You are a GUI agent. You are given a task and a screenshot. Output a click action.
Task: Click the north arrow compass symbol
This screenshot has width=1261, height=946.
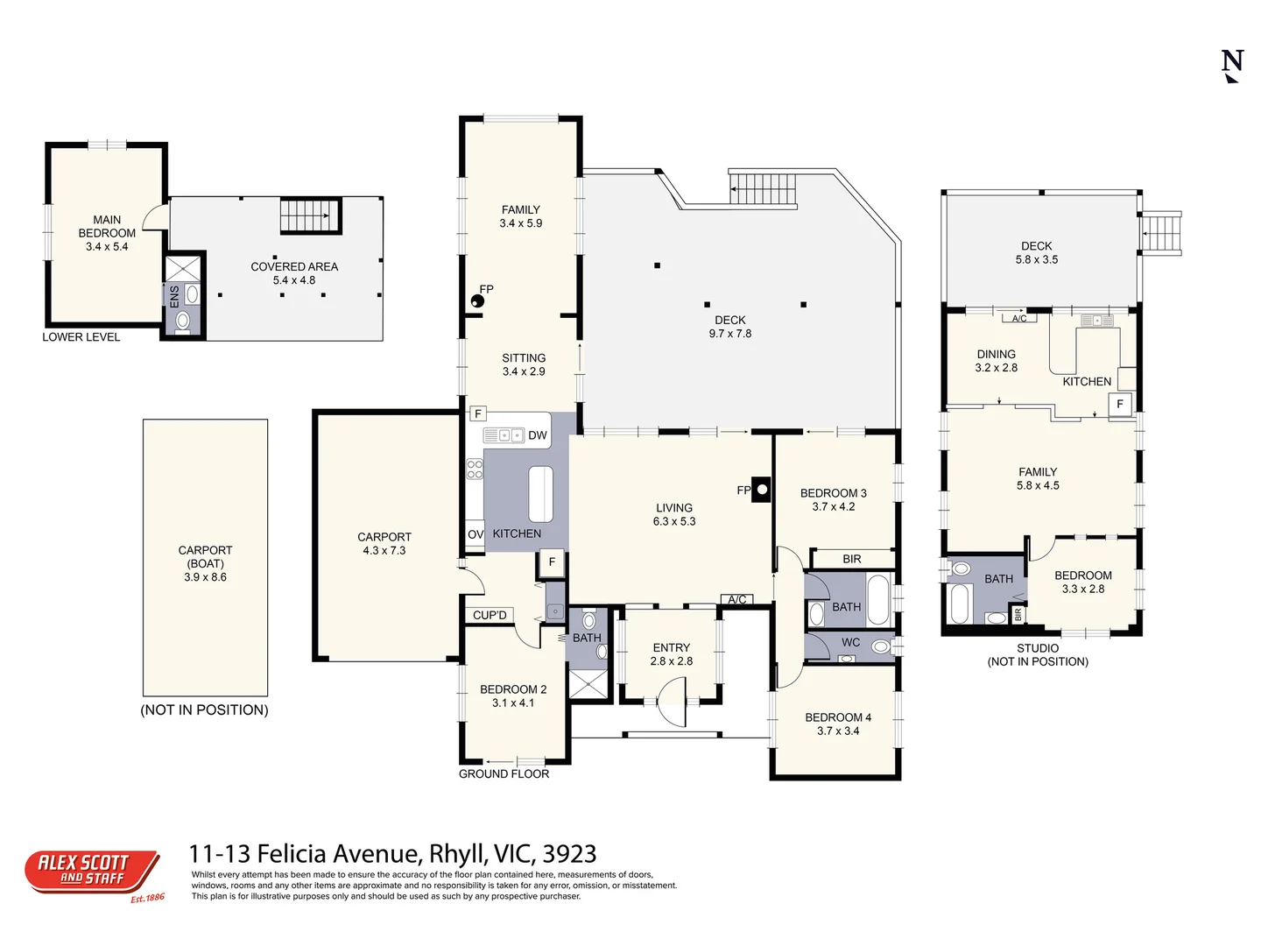point(1232,66)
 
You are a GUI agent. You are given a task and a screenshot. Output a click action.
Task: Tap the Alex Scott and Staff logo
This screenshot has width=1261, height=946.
point(92,872)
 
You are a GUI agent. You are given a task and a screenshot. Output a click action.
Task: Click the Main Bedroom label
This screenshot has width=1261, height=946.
point(107,227)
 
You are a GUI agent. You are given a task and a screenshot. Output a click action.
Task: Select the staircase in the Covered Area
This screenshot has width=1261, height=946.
point(310,215)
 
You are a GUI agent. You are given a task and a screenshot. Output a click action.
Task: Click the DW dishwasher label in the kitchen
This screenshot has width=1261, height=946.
point(538,435)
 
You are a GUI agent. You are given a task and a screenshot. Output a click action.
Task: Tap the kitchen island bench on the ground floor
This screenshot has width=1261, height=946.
point(540,494)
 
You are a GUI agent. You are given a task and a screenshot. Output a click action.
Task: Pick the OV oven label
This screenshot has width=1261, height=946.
point(476,534)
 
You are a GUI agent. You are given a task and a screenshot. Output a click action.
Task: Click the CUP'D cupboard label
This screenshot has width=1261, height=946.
point(490,615)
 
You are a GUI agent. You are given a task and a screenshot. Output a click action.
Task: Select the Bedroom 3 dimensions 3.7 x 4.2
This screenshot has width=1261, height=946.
point(834,506)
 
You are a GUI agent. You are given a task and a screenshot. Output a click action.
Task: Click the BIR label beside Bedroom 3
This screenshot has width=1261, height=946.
point(852,559)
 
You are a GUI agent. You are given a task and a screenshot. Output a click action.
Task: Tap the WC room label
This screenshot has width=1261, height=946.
point(850,642)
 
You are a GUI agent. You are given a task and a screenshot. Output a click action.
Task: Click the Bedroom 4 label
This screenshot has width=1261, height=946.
point(838,717)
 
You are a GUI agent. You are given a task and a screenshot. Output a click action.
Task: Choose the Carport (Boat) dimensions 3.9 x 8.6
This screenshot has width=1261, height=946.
point(205,577)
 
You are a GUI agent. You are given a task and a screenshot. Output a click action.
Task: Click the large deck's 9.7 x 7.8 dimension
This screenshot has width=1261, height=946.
point(730,334)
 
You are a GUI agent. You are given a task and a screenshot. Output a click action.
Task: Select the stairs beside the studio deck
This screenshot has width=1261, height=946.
point(1162,233)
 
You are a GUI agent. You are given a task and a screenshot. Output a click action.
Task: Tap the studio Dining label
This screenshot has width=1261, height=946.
point(997,354)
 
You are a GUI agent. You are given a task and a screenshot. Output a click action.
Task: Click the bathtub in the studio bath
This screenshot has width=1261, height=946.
point(960,604)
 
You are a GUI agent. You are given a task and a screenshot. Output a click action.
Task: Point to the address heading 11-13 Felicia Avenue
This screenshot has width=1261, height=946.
point(392,853)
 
